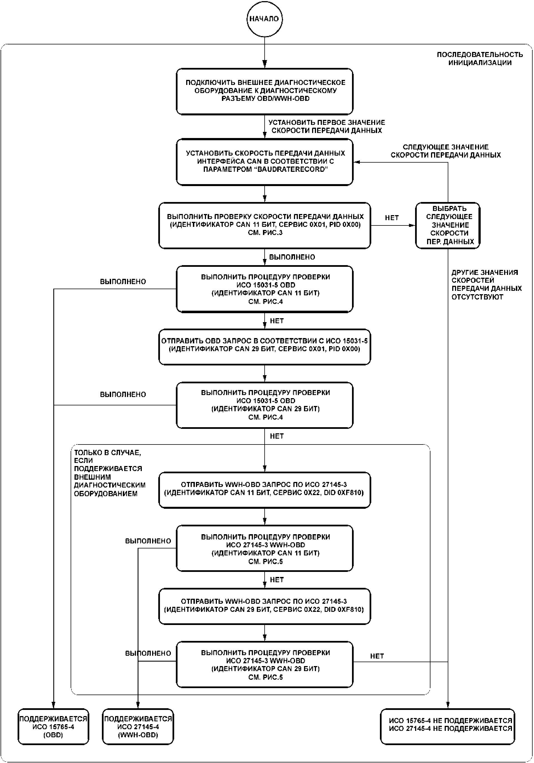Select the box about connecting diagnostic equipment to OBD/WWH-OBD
(264, 91)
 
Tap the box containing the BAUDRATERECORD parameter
(264, 162)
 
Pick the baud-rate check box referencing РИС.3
(264, 225)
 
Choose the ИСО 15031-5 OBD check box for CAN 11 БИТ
(264, 289)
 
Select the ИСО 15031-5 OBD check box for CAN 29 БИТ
(264, 405)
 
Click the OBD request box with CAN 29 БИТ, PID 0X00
(264, 347)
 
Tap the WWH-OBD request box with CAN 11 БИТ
(264, 490)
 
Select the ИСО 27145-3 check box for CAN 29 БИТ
(264, 665)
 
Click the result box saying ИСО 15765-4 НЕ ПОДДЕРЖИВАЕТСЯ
(448, 727)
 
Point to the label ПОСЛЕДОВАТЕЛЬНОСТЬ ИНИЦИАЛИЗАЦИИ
(480, 58)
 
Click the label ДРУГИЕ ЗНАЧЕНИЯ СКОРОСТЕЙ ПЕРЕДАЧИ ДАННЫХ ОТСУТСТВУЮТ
(486, 284)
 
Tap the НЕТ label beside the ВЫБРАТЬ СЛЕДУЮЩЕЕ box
(392, 218)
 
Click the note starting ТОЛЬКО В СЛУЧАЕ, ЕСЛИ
(110, 473)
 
